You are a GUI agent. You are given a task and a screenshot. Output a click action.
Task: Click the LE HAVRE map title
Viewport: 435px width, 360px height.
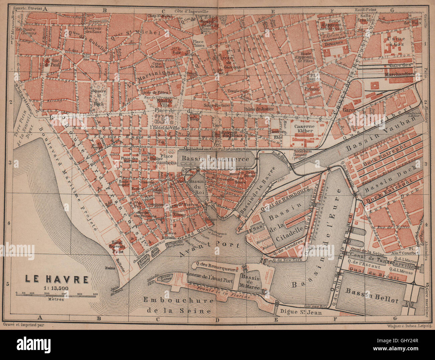56,279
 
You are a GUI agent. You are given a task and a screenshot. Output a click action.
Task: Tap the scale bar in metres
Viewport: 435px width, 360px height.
56,294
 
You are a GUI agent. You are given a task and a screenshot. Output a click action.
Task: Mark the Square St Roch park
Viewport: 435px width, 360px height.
99,96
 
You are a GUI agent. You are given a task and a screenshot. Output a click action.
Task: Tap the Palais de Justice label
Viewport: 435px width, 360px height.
259,109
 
